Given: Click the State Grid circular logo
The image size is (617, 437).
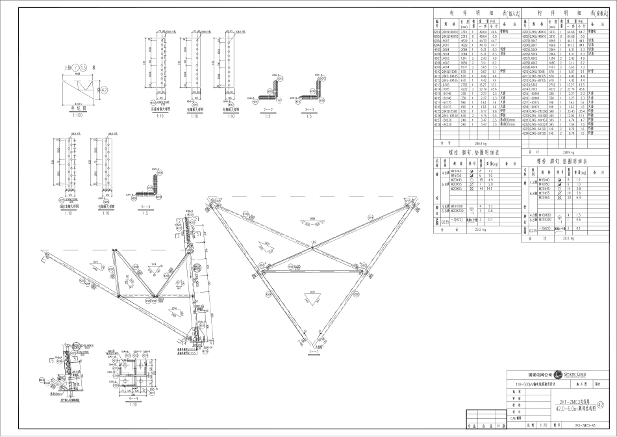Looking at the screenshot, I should click(x=557, y=375).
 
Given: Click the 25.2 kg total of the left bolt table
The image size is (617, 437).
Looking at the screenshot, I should click(x=480, y=229).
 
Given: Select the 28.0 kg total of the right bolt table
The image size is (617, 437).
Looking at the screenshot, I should click(x=568, y=239).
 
